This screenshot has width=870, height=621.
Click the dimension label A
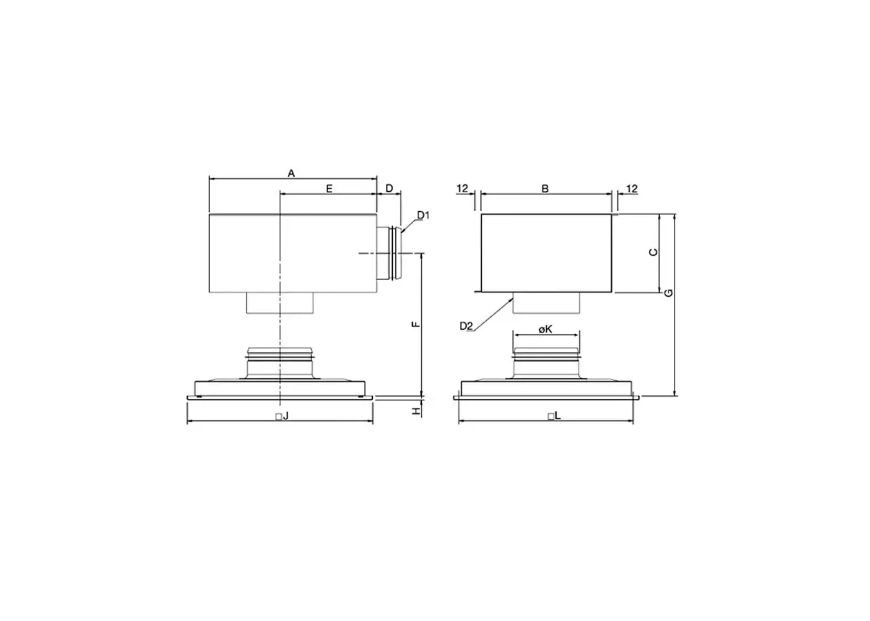291,173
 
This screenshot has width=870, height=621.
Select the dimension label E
329,188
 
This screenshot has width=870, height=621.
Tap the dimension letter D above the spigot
389,188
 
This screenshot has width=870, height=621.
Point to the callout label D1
423,215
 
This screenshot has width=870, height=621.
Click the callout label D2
466,326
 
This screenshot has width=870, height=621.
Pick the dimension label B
545,188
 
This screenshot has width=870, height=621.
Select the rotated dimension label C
654,253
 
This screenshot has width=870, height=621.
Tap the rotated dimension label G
668,293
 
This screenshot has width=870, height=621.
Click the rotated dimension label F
416,324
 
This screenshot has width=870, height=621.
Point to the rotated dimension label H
416,411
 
